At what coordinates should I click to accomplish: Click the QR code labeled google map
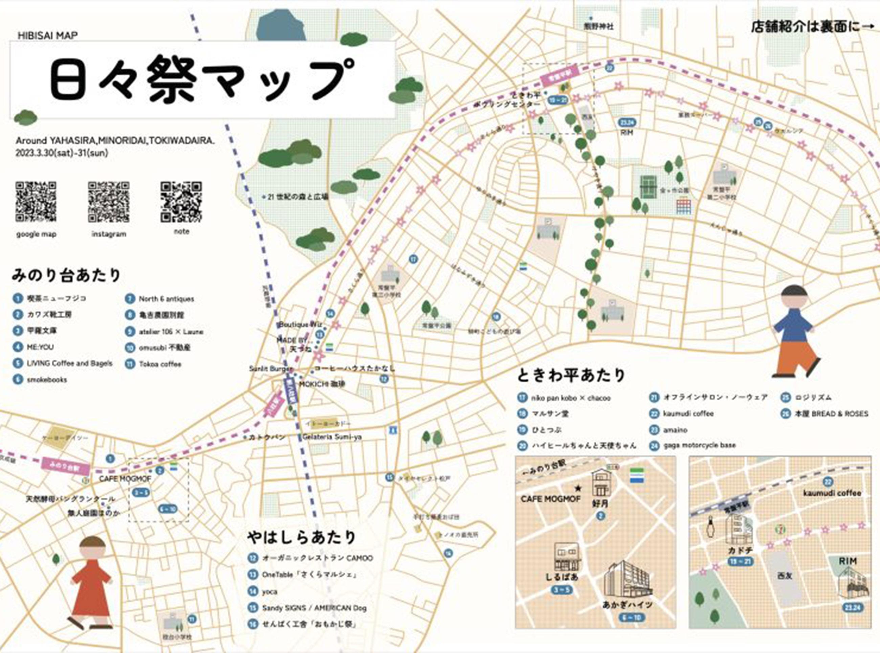(36, 202)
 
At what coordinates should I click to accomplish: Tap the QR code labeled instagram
(109, 202)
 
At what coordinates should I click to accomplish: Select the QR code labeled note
(181, 202)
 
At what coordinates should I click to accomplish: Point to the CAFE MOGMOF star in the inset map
(578, 488)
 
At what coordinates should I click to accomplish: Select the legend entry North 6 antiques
(166, 299)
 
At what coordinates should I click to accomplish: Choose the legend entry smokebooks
(47, 380)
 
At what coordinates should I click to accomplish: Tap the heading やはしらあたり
(301, 537)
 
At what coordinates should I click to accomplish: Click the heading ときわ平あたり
(571, 376)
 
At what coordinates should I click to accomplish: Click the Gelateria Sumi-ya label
(332, 437)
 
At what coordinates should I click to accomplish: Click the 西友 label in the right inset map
(785, 576)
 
